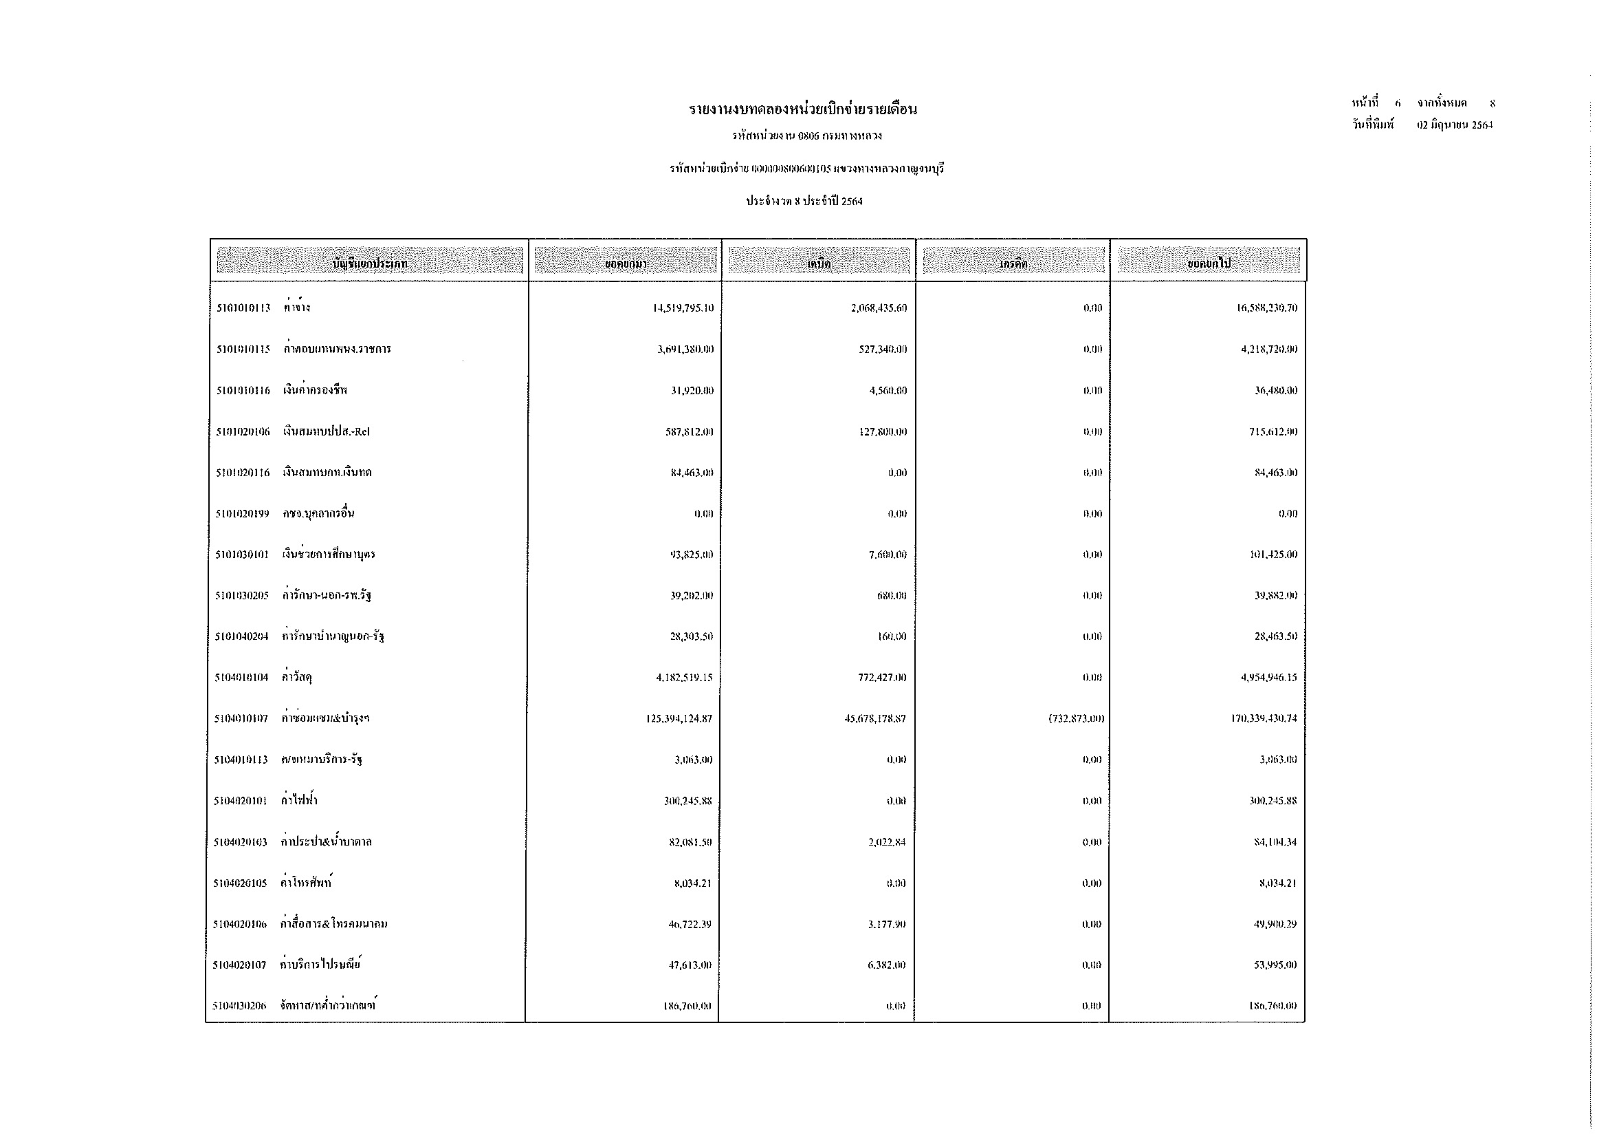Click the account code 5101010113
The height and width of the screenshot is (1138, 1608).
click(x=243, y=308)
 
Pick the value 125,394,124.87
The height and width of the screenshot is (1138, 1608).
click(x=679, y=719)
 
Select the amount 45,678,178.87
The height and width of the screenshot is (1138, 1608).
click(x=874, y=719)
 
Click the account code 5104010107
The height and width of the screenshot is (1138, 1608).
click(x=241, y=719)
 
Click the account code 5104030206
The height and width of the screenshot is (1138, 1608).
click(x=239, y=1007)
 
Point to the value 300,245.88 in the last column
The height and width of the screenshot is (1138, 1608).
click(x=1273, y=801)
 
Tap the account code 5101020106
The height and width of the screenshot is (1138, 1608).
click(x=242, y=431)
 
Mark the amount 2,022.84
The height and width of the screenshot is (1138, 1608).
click(x=887, y=842)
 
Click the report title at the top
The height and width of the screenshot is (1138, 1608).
click(x=802, y=110)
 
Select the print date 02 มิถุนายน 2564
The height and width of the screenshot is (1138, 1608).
click(x=1455, y=125)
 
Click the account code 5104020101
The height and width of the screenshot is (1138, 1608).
click(x=240, y=801)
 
